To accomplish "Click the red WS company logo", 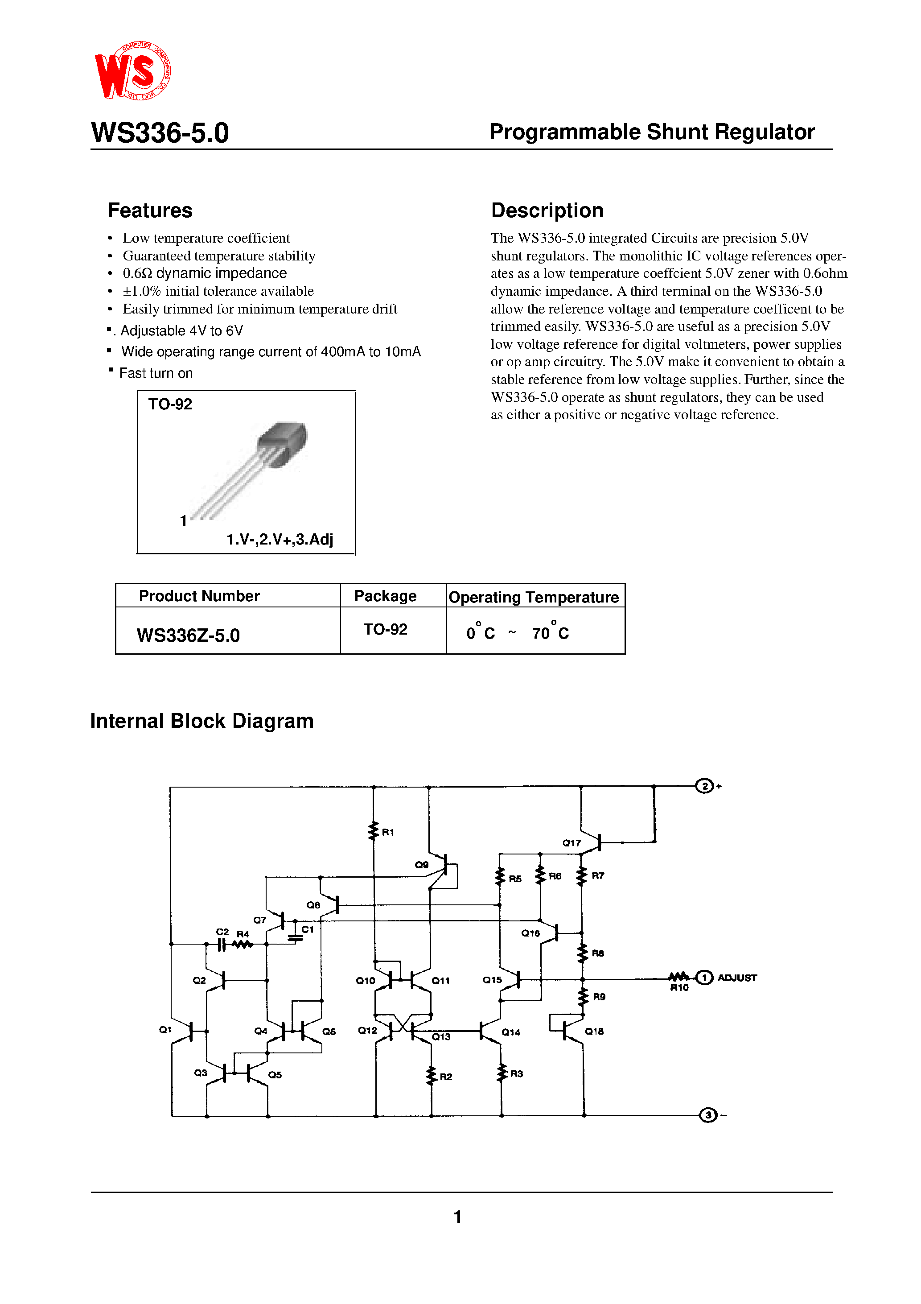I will click(x=132, y=71).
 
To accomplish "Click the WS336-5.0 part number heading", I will click(x=160, y=132).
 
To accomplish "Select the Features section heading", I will click(x=150, y=210).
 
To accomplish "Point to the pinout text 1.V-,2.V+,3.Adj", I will click(x=280, y=539).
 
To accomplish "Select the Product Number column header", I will click(x=199, y=596).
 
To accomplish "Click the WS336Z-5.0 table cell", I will click(x=188, y=635).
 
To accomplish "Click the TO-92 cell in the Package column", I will click(x=385, y=629).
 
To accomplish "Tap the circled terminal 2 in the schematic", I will click(x=704, y=786).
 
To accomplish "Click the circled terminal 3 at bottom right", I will click(x=707, y=1115).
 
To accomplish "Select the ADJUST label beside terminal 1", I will click(x=736, y=978).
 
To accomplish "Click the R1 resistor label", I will click(x=388, y=832).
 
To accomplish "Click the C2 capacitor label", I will click(x=222, y=932).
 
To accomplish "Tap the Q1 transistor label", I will click(x=164, y=1029).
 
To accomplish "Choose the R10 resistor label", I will click(x=679, y=988).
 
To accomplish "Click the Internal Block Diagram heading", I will click(x=201, y=721).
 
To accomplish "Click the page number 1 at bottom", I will click(x=458, y=1217).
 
